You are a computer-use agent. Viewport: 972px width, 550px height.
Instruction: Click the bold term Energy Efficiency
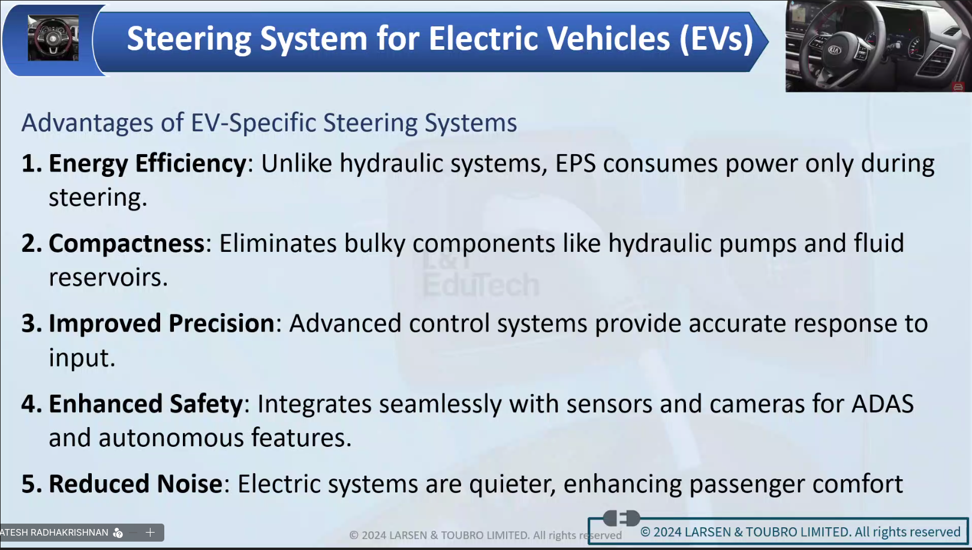pos(148,164)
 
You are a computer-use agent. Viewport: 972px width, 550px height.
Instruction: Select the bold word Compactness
pos(127,244)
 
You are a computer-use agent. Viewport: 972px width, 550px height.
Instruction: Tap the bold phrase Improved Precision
pos(161,324)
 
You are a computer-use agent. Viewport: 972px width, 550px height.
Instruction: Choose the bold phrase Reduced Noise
pos(136,484)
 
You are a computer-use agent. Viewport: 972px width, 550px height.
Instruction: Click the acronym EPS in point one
pos(576,164)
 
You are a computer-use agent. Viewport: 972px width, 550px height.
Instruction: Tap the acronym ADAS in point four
pos(882,404)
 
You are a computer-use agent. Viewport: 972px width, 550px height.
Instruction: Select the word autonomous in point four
pos(171,438)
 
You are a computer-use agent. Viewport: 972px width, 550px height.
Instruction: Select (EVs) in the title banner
pos(716,39)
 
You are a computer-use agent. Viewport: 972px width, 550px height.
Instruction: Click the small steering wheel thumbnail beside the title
pos(53,38)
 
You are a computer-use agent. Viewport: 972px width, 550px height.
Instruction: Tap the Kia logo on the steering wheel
pos(833,50)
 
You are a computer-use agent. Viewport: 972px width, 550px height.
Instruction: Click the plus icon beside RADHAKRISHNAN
pos(150,533)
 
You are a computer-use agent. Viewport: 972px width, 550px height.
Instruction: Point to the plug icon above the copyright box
pos(621,518)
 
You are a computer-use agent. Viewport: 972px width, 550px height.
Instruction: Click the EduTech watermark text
pos(481,285)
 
